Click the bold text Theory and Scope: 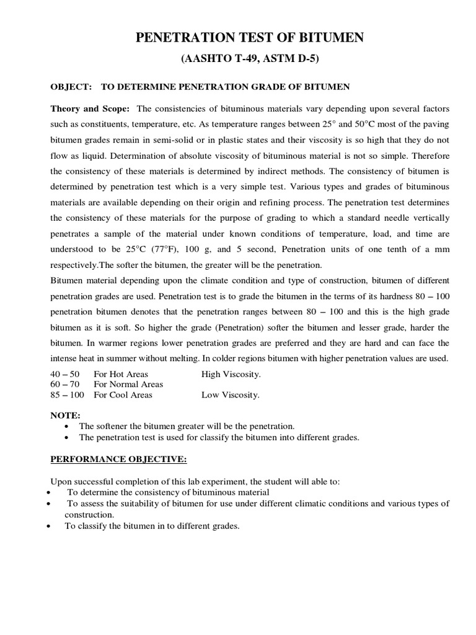pyautogui.click(x=90, y=108)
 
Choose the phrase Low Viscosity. pyautogui.click(x=231, y=394)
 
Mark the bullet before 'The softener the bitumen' pyautogui.click(x=68, y=427)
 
